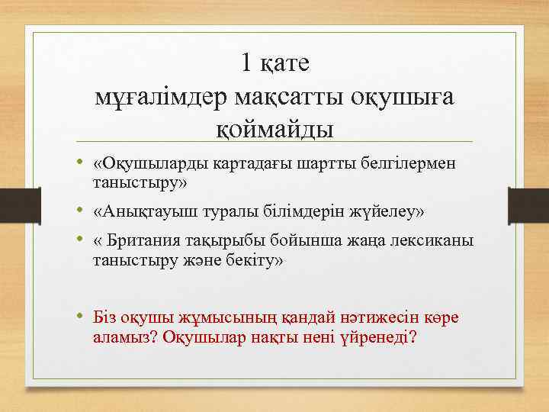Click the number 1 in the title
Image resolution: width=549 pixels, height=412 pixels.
point(246,63)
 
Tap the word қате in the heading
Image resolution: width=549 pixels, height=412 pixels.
point(284,64)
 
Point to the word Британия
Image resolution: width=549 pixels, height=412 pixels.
point(145,242)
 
